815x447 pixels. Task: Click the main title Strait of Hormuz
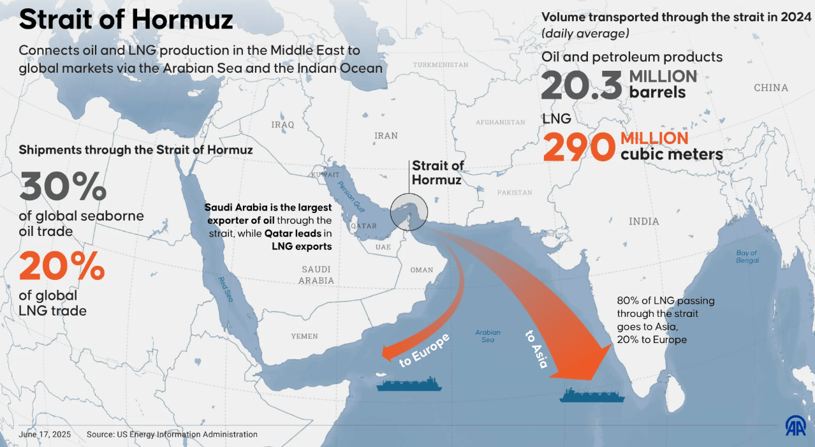(126, 20)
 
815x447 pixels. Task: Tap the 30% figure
(62, 187)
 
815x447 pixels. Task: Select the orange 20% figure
(61, 267)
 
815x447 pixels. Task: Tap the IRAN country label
(386, 136)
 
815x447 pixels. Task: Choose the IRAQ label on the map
(283, 124)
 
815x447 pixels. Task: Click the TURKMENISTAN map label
(441, 65)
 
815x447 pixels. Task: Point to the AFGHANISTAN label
(500, 122)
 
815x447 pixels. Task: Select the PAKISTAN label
(514, 193)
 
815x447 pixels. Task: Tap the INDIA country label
(643, 221)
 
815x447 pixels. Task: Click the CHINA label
(770, 88)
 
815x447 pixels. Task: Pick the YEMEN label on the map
(304, 336)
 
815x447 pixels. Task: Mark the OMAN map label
(422, 270)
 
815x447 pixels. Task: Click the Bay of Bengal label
(747, 256)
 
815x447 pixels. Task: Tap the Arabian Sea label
(488, 336)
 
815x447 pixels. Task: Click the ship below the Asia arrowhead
(592, 395)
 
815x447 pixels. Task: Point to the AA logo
(795, 425)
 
